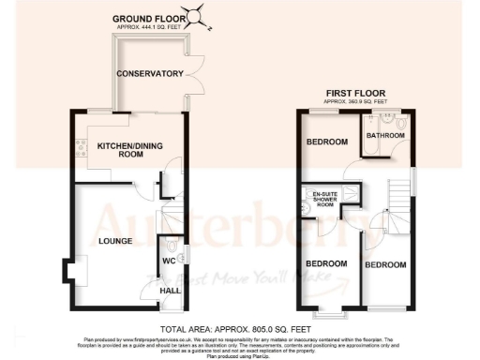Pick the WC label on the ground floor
[x=169, y=260]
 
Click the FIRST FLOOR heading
[x=355, y=93]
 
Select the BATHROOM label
[x=385, y=136]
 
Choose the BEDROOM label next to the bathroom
[x=327, y=142]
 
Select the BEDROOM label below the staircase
[x=385, y=265]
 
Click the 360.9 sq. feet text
[x=355, y=101]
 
